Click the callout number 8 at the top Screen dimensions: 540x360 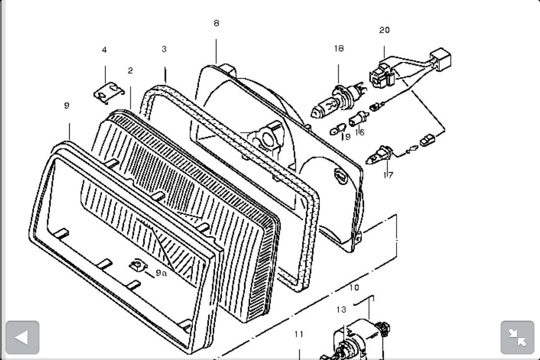(216, 23)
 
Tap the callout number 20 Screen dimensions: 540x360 (384, 30)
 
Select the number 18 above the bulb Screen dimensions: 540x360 (339, 48)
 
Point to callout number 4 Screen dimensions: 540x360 (105, 50)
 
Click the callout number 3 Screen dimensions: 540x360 (164, 49)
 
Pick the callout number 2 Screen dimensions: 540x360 (130, 70)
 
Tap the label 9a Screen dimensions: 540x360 (161, 273)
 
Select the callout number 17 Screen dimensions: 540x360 (388, 175)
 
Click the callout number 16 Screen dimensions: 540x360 (359, 132)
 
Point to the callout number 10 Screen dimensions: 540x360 (354, 287)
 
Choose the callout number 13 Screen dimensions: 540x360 (341, 310)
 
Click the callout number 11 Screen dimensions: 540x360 (299, 334)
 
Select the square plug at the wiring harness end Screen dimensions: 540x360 (441, 59)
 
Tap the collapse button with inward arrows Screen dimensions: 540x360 (517, 337)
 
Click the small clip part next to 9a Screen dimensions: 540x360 (138, 265)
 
